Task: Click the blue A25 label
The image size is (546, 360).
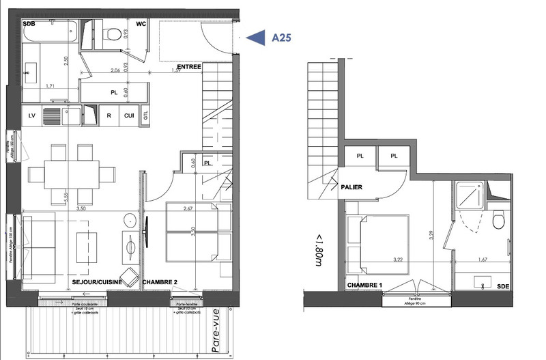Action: tap(281, 38)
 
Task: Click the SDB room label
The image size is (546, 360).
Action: tap(29, 25)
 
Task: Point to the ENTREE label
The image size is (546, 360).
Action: tap(189, 66)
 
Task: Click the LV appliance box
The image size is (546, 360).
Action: tap(31, 115)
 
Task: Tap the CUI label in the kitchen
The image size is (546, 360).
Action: tap(128, 115)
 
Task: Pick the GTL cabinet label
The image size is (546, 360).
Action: tap(145, 115)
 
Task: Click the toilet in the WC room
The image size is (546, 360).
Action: tap(113, 31)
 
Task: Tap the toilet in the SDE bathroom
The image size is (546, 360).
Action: tap(498, 220)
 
